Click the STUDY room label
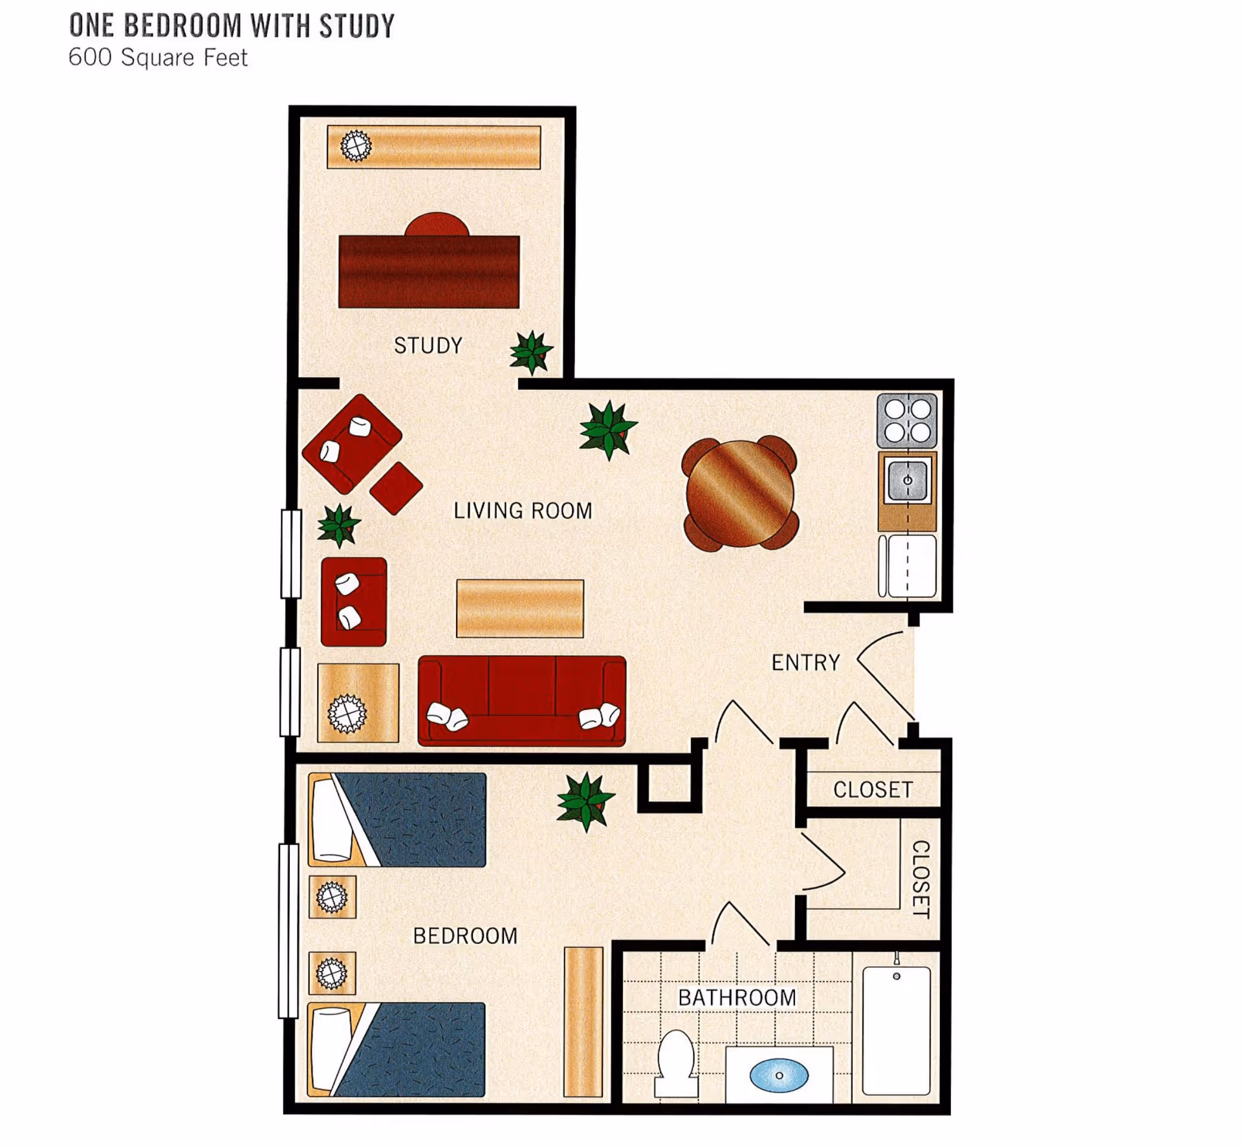coord(428,346)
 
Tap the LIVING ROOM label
coord(523,511)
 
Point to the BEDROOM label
coord(465,936)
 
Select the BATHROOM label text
coord(737,998)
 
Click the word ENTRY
coord(805,663)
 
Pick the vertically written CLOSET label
coord(920,879)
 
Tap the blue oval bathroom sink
coord(779,1075)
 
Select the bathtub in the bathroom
coord(896,1031)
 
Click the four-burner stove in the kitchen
coord(907,421)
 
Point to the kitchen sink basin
coord(907,480)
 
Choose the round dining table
coord(739,493)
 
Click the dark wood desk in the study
coord(428,272)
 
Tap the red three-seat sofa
coord(521,702)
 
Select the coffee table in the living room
coord(519,608)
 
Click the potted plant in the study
coord(531,352)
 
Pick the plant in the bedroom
coord(585,802)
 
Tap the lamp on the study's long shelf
coord(356,145)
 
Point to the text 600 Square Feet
coord(158,58)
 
